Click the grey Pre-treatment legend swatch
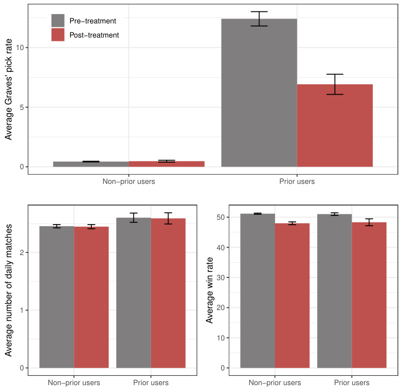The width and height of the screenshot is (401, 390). (x=58, y=21)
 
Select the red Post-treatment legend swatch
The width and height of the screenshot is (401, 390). (x=58, y=35)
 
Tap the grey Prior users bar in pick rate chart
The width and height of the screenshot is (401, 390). (x=259, y=92)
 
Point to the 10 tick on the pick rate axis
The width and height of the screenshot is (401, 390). (x=20, y=48)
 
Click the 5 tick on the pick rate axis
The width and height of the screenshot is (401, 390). (x=22, y=107)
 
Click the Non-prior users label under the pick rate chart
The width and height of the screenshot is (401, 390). (x=128, y=181)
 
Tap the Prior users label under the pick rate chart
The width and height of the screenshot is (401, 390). (x=297, y=181)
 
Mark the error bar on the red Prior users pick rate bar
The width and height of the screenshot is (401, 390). (x=335, y=84)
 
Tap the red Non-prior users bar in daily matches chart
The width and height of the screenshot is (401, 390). (x=91, y=297)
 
